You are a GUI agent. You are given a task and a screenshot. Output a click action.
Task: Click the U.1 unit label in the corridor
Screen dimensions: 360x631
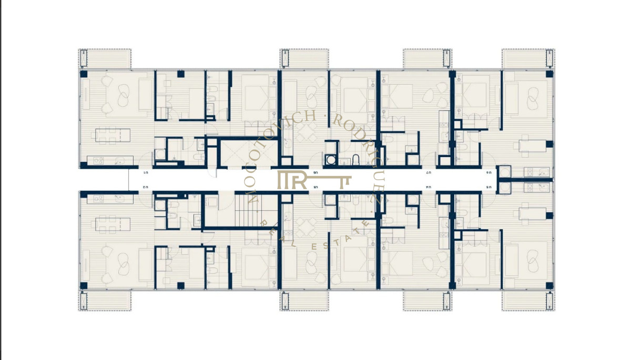[x=147, y=172]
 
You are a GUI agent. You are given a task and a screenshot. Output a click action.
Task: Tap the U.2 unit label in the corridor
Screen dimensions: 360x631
[x=147, y=187]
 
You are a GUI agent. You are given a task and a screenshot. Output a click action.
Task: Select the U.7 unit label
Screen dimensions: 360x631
[x=429, y=172]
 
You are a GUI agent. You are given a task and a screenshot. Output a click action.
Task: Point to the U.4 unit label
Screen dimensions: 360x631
[x=429, y=187]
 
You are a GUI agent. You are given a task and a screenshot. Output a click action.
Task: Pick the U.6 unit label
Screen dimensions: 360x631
[x=488, y=172]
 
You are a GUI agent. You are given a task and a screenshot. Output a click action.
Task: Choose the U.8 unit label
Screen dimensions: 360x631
[x=315, y=172]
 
